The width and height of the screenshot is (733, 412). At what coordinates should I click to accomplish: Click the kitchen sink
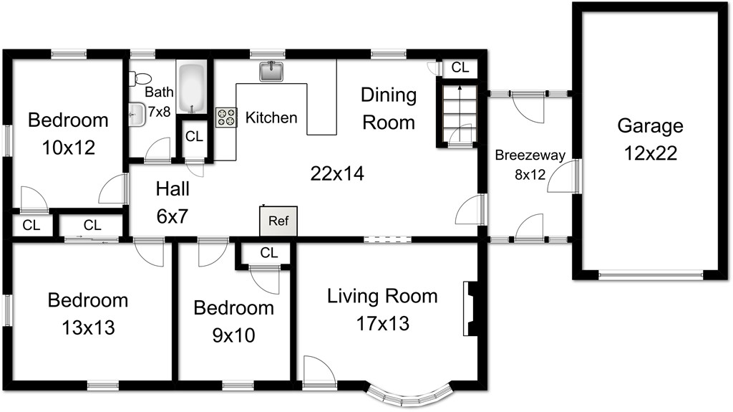[272, 71]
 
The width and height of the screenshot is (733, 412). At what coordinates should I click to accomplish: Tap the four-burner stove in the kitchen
[226, 118]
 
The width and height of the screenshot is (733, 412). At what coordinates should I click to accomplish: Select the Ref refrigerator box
[278, 221]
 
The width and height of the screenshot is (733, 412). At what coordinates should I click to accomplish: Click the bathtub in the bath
[192, 88]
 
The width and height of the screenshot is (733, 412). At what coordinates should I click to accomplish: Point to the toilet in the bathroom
[140, 78]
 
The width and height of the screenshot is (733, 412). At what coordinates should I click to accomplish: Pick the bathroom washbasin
[137, 114]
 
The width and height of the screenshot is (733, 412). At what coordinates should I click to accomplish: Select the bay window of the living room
[409, 394]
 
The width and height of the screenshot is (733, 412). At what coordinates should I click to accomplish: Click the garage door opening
[651, 275]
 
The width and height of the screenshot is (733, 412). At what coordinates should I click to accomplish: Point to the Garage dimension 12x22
[651, 153]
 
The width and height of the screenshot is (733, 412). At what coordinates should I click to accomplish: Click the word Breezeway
[530, 155]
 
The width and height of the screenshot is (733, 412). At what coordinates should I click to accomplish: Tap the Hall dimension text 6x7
[173, 216]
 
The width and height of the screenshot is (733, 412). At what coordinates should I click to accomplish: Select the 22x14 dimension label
[337, 173]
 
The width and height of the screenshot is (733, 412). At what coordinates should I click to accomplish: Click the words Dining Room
[389, 109]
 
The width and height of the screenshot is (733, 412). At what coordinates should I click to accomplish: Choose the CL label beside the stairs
[460, 67]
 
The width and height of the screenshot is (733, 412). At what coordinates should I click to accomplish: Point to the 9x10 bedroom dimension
[234, 335]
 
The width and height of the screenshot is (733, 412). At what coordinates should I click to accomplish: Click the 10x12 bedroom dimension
[69, 148]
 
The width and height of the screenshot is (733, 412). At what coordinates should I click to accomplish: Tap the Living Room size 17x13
[383, 324]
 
